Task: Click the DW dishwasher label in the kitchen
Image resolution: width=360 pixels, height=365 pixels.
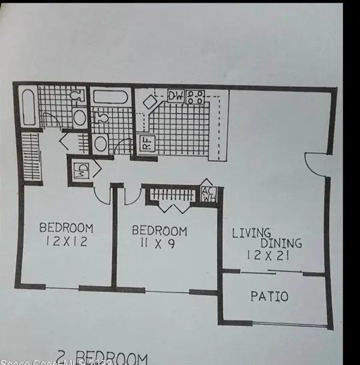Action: pos(175,96)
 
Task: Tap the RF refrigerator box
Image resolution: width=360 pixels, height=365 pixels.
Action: pos(145,144)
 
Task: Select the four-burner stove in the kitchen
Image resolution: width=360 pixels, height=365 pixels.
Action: pos(196,96)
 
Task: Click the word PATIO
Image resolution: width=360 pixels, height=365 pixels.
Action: pos(269,296)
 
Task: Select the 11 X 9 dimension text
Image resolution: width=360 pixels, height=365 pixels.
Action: pos(158,244)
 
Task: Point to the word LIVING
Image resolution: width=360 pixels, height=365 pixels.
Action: pos(252,232)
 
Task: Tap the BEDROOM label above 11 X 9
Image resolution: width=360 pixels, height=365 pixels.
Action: pos(159,231)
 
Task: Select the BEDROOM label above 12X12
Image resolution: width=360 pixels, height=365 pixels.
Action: pos(66,228)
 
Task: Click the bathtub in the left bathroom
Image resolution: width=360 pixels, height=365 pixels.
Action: pos(28,107)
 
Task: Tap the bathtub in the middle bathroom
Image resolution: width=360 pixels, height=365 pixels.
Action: pos(111,96)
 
